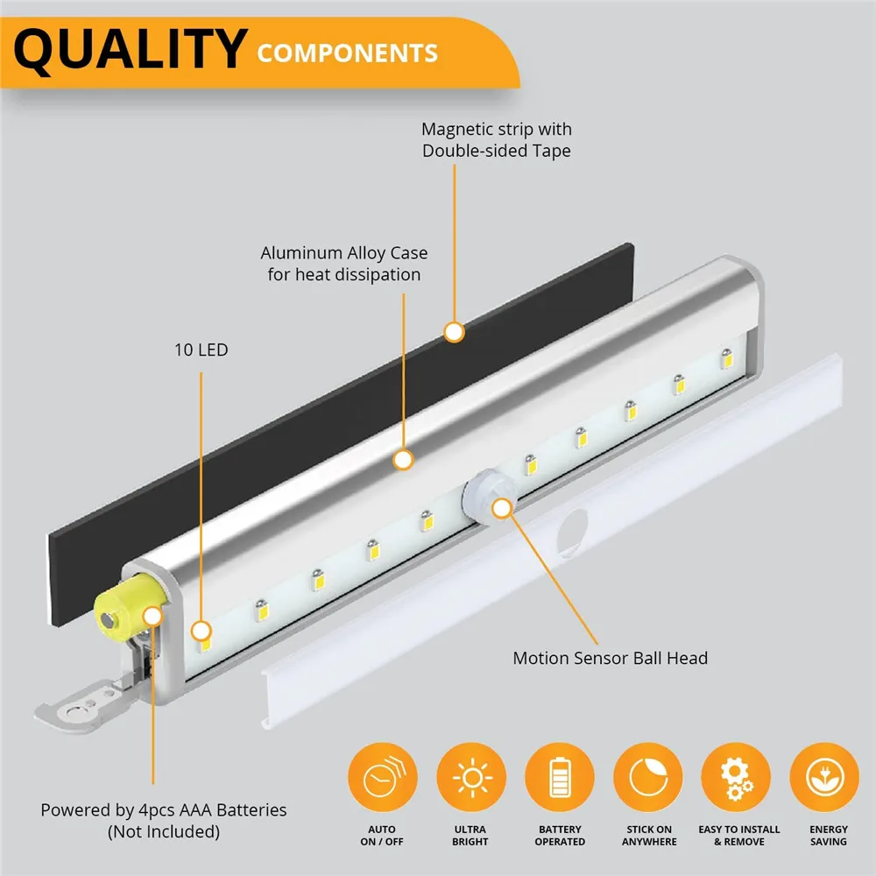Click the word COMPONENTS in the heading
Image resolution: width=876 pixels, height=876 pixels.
[x=347, y=53]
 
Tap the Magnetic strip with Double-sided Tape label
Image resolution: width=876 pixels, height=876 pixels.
[x=497, y=140]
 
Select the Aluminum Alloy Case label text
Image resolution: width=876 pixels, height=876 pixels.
[x=344, y=264]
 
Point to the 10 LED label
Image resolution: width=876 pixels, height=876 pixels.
[x=201, y=350]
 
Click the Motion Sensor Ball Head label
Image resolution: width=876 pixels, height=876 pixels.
[x=610, y=658]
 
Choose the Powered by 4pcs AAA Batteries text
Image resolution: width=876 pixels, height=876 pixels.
[x=164, y=820]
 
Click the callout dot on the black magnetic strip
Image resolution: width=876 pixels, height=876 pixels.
[x=454, y=332]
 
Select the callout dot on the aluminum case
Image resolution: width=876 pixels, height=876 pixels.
[x=404, y=459]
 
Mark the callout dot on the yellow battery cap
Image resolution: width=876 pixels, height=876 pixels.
[x=153, y=616]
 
